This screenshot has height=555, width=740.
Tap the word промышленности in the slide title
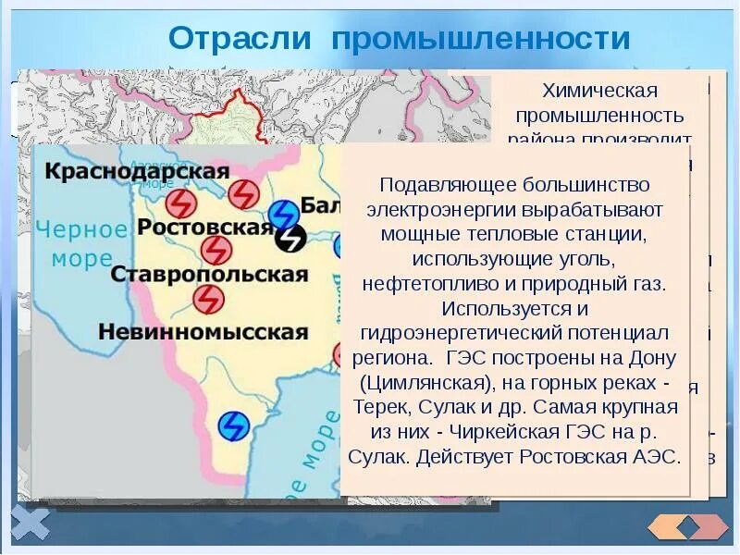(481, 39)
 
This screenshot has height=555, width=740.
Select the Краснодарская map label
(137, 172)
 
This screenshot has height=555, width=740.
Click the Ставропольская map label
(208, 275)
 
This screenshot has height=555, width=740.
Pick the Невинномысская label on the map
(203, 332)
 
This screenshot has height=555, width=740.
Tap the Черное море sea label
(81, 243)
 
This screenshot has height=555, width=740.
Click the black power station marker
(290, 239)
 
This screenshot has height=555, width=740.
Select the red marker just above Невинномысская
(208, 299)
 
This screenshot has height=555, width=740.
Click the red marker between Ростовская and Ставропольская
(216, 250)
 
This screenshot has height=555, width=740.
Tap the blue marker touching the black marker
(281, 215)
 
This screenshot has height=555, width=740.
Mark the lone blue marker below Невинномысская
(234, 425)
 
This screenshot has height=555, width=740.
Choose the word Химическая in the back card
(599, 91)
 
